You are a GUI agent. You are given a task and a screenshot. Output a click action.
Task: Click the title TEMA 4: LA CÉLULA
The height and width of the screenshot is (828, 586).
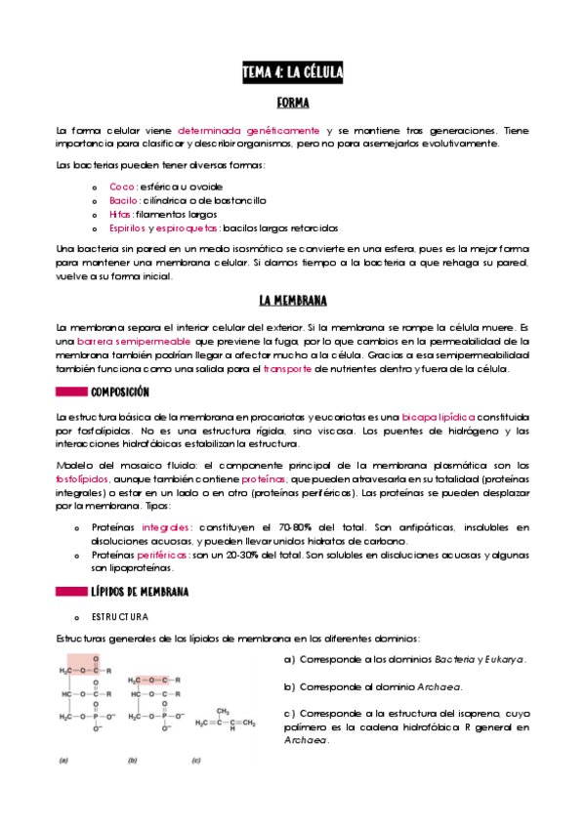(x=292, y=73)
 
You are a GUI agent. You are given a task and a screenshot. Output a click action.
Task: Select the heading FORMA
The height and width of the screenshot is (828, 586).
(x=293, y=103)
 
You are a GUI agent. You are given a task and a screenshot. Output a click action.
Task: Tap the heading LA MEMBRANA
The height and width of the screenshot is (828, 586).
(x=293, y=300)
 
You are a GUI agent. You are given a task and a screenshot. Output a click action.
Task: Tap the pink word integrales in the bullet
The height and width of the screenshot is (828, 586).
(x=167, y=526)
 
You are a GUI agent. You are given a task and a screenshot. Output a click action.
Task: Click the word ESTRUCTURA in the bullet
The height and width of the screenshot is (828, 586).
(x=120, y=617)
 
